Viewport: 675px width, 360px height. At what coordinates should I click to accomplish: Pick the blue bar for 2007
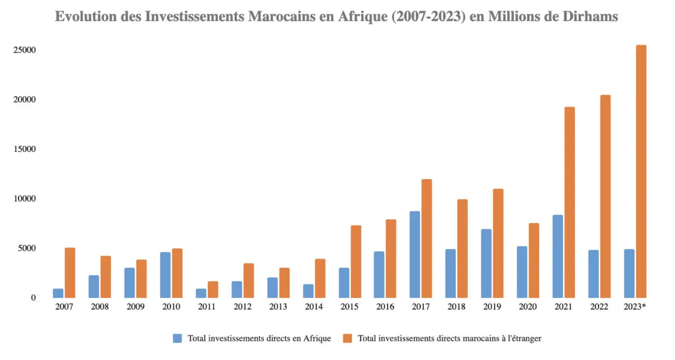[x=58, y=293]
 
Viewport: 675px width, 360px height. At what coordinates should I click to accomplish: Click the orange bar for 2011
[x=213, y=289]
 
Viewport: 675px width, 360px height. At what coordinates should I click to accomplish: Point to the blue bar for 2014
[x=308, y=291]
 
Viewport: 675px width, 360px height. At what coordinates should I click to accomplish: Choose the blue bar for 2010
[x=165, y=275]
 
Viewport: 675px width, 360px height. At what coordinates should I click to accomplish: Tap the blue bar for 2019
[x=486, y=264]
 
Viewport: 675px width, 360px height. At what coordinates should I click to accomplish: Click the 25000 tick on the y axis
[x=25, y=50]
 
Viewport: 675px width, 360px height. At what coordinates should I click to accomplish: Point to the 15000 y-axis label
[x=25, y=149]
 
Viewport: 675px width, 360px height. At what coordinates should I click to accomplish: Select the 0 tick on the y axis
[x=33, y=298]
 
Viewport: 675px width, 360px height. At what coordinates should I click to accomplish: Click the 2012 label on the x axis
[x=243, y=307]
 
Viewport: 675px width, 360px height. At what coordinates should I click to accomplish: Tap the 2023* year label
[x=635, y=307]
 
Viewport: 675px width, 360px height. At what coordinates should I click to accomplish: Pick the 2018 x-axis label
[x=457, y=307]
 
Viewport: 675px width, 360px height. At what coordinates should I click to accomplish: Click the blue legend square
[x=177, y=338]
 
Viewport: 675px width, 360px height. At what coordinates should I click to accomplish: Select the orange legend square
[x=348, y=338]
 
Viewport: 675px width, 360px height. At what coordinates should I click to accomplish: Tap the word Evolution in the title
[x=86, y=17]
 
